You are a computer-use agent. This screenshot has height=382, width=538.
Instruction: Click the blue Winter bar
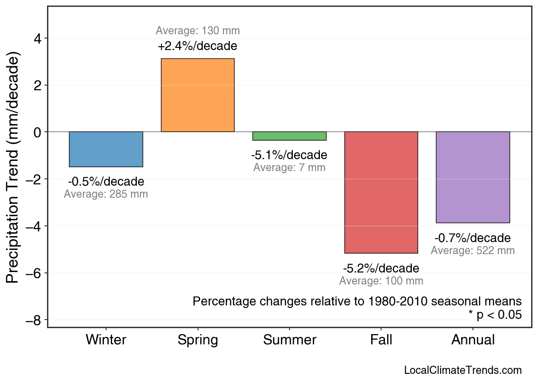click(x=106, y=149)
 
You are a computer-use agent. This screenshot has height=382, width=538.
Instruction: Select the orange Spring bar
click(x=198, y=95)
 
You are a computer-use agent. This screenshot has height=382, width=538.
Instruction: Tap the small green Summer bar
click(x=290, y=136)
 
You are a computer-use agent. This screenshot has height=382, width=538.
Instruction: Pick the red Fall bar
click(x=381, y=192)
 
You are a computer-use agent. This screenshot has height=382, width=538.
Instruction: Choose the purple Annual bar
click(x=473, y=177)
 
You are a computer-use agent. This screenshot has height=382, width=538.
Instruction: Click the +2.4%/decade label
click(x=198, y=46)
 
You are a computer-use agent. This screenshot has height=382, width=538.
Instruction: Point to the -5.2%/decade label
click(x=381, y=269)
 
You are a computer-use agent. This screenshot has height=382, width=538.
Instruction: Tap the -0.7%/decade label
click(x=473, y=238)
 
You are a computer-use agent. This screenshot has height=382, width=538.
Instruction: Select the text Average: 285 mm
click(x=106, y=194)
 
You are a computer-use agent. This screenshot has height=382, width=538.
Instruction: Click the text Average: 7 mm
click(x=290, y=168)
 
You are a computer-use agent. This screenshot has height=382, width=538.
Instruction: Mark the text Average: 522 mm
click(x=473, y=251)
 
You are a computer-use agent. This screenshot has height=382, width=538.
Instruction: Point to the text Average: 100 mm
click(x=381, y=281)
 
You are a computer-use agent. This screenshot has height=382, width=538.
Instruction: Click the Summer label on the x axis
click(x=290, y=340)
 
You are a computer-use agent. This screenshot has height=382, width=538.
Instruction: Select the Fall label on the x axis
click(x=381, y=340)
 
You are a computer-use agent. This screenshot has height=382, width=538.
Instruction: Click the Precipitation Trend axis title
click(x=14, y=168)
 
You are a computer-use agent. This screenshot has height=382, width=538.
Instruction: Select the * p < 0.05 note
click(x=495, y=315)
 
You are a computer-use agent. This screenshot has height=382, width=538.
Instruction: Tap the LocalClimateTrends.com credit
click(x=463, y=370)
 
